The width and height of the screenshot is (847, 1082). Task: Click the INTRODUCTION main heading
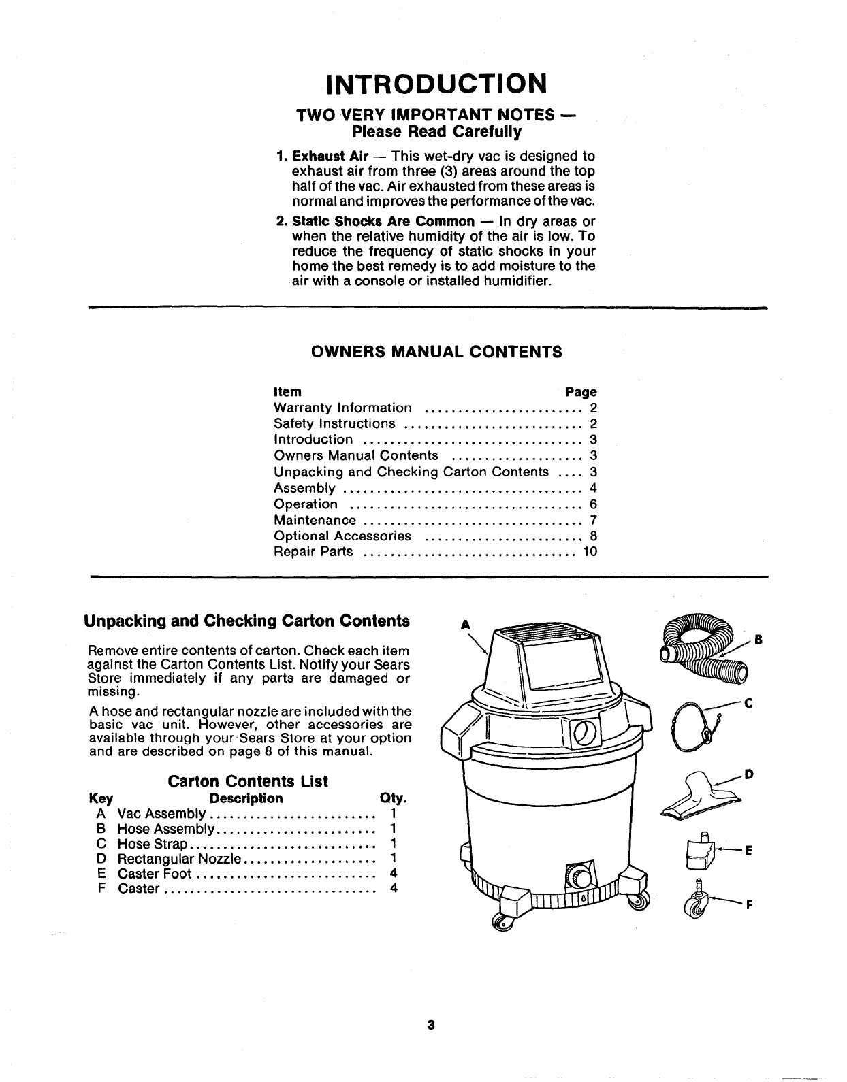click(x=436, y=83)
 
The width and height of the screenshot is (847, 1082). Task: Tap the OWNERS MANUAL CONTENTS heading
click(x=436, y=352)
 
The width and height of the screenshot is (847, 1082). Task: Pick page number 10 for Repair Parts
click(x=590, y=552)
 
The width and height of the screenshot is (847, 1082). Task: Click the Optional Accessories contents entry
click(x=342, y=536)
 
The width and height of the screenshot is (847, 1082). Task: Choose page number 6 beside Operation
click(x=593, y=504)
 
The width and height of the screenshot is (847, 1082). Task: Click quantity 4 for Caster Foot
click(x=393, y=874)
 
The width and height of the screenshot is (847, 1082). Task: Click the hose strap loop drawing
click(x=694, y=727)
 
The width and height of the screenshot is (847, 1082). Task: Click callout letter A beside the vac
click(x=466, y=624)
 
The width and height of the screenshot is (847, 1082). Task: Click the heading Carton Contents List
click(x=248, y=781)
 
